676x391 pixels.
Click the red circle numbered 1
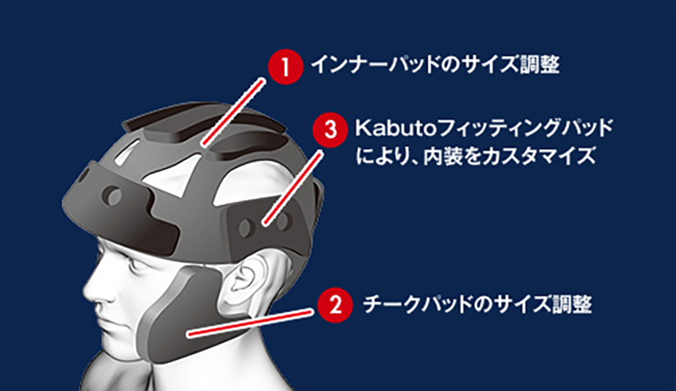[286, 67]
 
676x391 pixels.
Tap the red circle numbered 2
[336, 305]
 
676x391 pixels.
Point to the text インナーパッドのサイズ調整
[436, 65]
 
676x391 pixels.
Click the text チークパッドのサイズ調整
[478, 304]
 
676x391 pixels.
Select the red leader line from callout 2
[250, 323]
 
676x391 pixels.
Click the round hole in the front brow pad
[114, 197]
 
